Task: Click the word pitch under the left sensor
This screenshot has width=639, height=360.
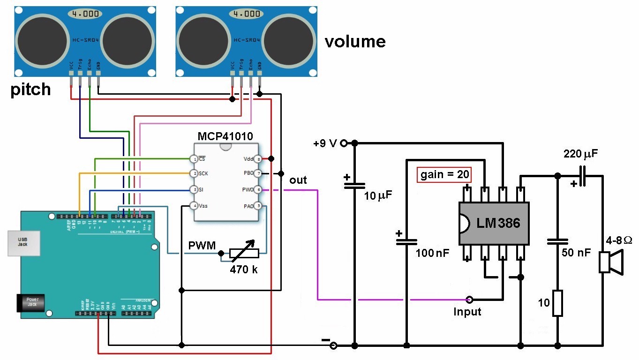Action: [30, 89]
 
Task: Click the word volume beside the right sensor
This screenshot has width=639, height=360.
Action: [355, 42]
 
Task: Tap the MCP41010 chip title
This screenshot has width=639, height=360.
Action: [225, 136]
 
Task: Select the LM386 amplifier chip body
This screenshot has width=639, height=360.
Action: [494, 223]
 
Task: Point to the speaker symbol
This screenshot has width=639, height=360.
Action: [611, 262]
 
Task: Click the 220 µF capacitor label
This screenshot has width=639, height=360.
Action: [580, 154]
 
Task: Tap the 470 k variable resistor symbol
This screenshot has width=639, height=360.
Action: [243, 254]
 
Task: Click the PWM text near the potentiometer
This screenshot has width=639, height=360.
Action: [202, 246]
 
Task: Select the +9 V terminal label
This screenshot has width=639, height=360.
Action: [325, 143]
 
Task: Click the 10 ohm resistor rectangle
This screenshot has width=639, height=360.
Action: [557, 303]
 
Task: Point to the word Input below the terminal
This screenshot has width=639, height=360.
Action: [467, 312]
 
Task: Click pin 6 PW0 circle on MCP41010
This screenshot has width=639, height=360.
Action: [257, 190]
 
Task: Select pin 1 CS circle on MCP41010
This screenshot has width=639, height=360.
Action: [193, 159]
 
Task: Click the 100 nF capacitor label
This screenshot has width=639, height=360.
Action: [432, 254]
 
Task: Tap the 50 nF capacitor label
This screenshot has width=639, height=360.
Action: [576, 253]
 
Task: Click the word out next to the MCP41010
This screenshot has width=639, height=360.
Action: [298, 180]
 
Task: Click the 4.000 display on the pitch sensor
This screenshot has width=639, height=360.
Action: [85, 14]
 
